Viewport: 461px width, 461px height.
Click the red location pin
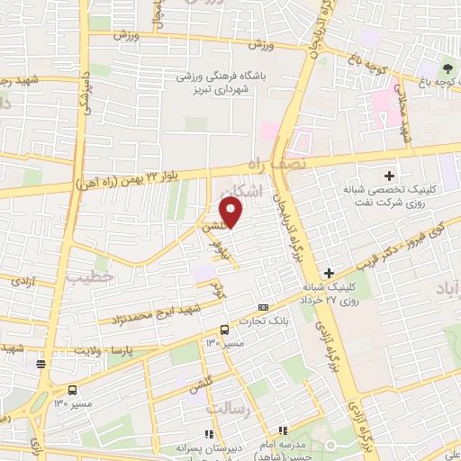[231, 213]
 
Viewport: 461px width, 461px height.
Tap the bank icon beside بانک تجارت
[263, 307]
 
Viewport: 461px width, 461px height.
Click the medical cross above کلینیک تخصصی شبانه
[389, 175]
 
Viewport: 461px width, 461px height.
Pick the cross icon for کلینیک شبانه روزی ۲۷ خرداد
[330, 272]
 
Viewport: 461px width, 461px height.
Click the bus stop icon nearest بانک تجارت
[225, 329]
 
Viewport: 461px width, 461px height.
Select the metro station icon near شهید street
[41, 364]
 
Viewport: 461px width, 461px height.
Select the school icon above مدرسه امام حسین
[282, 431]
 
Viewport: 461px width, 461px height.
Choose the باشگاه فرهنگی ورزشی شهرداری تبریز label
[227, 83]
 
